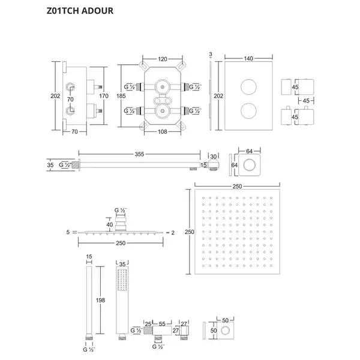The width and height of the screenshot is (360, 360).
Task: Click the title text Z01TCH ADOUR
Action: (x=80, y=11)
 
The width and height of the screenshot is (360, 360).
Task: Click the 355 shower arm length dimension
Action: (x=139, y=154)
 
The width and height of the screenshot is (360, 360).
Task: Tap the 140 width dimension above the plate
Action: (x=248, y=59)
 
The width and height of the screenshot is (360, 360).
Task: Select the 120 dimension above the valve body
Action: (x=163, y=59)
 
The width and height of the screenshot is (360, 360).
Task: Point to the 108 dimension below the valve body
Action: (x=163, y=132)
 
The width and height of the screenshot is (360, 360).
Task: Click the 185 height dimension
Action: (x=121, y=96)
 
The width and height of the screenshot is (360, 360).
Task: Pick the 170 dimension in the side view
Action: (x=104, y=96)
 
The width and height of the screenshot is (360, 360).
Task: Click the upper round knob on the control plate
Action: (x=248, y=87)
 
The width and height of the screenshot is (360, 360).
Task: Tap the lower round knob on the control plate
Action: (x=248, y=110)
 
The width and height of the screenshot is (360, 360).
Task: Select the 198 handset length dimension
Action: (x=100, y=300)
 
